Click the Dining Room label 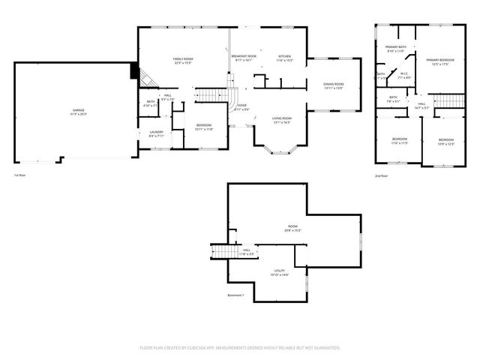tap(333, 85)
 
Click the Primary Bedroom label tap(435, 61)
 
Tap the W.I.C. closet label tap(403, 75)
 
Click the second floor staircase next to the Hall tap(448, 101)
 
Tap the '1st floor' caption tap(19, 175)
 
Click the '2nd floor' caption tap(382, 175)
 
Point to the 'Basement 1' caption tap(236, 295)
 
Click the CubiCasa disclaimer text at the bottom tap(240, 348)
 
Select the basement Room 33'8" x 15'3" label tap(292, 228)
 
